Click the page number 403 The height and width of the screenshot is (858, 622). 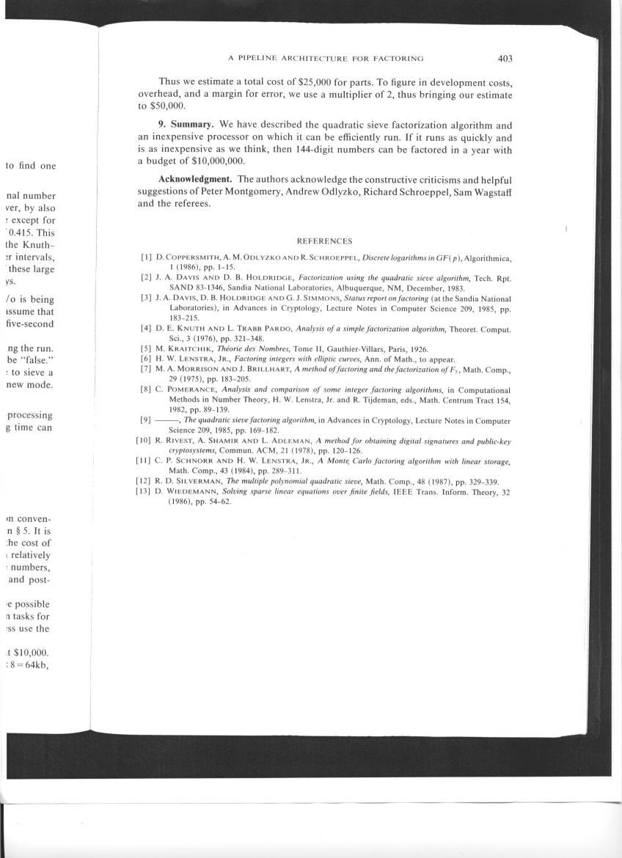pyautogui.click(x=504, y=59)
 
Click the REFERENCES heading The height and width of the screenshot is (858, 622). pyautogui.click(x=324, y=241)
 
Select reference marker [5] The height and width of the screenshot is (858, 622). pyautogui.click(x=147, y=349)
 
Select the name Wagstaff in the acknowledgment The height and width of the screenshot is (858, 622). pyautogui.click(x=491, y=191)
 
